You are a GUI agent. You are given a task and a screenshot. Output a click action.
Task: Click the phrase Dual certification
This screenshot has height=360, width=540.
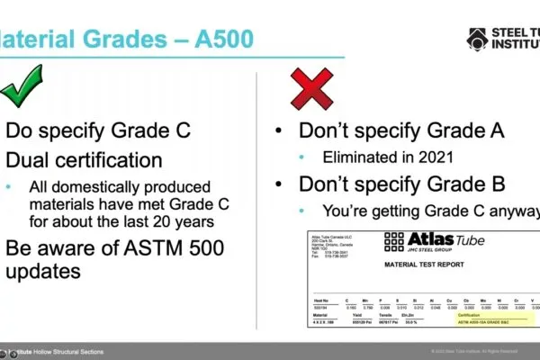[x=85, y=161]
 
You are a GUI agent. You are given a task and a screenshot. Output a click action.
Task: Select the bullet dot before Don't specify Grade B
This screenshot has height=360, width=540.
[x=282, y=185]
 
